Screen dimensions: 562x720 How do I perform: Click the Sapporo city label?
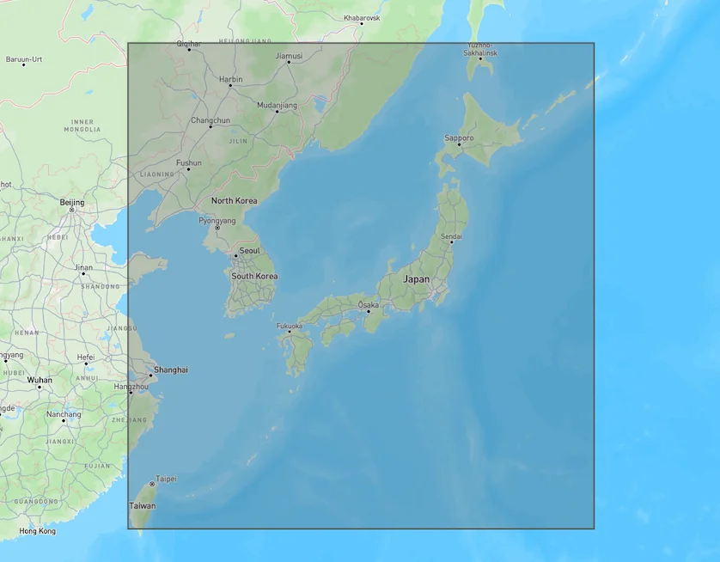pyautogui.click(x=459, y=137)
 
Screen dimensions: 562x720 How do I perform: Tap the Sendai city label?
pyautogui.click(x=451, y=235)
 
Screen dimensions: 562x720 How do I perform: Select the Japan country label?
pyautogui.click(x=417, y=279)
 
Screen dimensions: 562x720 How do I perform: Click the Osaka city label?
pyautogui.click(x=368, y=304)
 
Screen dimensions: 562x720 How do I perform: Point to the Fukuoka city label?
pyautogui.click(x=289, y=326)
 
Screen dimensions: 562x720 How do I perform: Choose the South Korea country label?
pyautogui.click(x=254, y=276)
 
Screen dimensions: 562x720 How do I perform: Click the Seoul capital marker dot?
pyautogui.click(x=235, y=256)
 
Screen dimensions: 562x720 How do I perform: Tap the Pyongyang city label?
pyautogui.click(x=217, y=220)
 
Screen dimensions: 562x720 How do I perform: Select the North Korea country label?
pyautogui.click(x=234, y=200)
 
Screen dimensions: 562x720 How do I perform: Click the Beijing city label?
pyautogui.click(x=72, y=202)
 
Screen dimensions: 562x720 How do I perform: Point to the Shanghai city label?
pyautogui.click(x=170, y=370)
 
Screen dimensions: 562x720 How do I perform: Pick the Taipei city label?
pyautogui.click(x=166, y=479)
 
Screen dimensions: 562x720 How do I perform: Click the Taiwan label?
pyautogui.click(x=143, y=506)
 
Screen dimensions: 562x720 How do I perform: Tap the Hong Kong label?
pyautogui.click(x=37, y=531)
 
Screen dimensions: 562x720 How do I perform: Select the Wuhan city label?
pyautogui.click(x=40, y=379)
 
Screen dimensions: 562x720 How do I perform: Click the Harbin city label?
pyautogui.click(x=230, y=79)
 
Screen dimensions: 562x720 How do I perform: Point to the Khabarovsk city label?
pyautogui.click(x=361, y=17)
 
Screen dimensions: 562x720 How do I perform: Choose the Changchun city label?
pyautogui.click(x=211, y=120)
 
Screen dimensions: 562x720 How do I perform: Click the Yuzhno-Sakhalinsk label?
pyautogui.click(x=481, y=48)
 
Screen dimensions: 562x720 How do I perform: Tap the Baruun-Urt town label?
pyautogui.click(x=24, y=59)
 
